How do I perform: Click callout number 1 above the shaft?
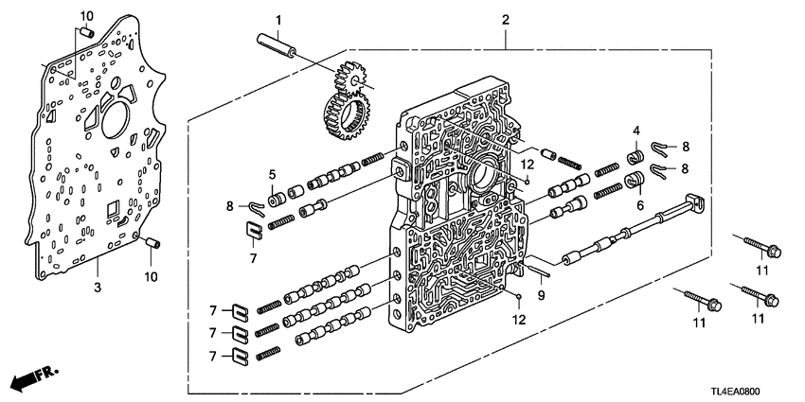pyautogui.click(x=279, y=20)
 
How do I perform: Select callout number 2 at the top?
pyautogui.click(x=506, y=20)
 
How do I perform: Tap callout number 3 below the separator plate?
pyautogui.click(x=98, y=285)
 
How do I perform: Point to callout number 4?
pyautogui.click(x=636, y=131)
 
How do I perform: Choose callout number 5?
pyautogui.click(x=244, y=174)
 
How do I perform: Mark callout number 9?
pyautogui.click(x=541, y=294)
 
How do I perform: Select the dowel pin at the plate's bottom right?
pyautogui.click(x=151, y=246)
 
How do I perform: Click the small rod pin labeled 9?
pyautogui.click(x=535, y=267)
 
